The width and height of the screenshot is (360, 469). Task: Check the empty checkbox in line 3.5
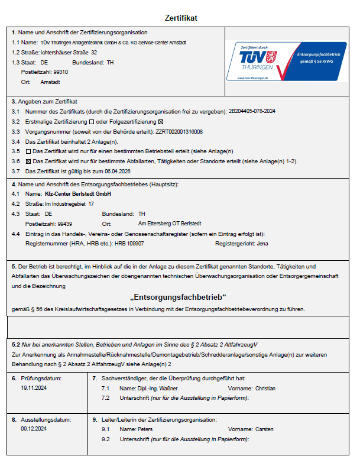pos(28,151)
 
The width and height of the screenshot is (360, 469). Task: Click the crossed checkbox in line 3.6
pos(28,161)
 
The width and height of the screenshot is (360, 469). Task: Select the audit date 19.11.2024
pos(34,389)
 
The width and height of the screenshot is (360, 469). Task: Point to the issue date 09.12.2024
pos(34,429)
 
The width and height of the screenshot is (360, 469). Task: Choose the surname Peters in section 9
pos(145,429)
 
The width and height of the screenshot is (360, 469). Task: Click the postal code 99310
pos(56,72)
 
